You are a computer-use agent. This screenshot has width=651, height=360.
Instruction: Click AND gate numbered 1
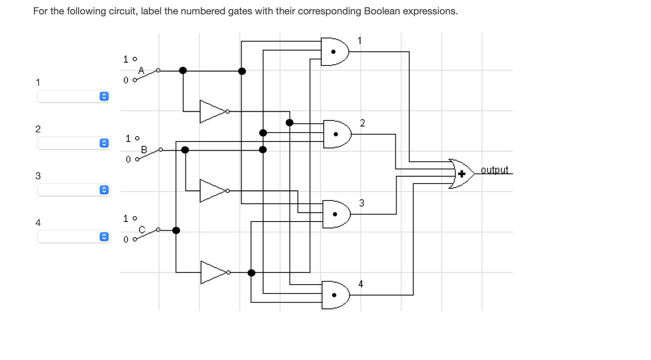pos(334,52)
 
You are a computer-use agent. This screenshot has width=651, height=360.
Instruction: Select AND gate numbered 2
pos(337,134)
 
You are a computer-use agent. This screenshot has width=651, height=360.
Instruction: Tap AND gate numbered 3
pos(336,214)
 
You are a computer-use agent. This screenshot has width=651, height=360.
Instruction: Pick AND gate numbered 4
pos(335,295)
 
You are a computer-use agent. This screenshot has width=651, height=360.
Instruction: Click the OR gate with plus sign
pos(462,174)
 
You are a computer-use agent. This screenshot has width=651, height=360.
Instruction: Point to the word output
pos(494,170)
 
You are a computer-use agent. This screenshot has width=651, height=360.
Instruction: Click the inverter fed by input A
pos(212,112)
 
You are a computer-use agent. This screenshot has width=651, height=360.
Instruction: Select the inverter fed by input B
pos(212,191)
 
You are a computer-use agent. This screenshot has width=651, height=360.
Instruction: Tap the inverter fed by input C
pos(213,272)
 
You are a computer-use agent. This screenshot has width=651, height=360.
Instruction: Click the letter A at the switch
pos(141,71)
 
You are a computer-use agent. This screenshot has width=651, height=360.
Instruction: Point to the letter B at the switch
pos(144,150)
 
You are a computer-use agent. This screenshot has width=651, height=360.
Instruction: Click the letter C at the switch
pos(142,229)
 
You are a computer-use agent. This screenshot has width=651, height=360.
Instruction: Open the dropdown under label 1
pos(74,96)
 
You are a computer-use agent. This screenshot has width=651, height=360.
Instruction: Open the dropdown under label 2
pos(74,143)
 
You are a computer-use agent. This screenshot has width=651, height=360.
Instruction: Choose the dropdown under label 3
pos(74,190)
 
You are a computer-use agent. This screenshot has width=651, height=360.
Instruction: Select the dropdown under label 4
pos(74,237)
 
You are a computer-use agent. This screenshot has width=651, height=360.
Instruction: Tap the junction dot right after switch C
pos(176,231)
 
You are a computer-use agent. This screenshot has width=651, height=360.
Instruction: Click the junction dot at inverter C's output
pos(251,273)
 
